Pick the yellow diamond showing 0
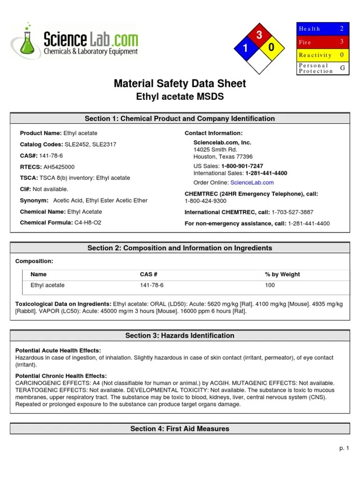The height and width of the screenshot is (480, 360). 271,48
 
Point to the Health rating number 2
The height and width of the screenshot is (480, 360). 342,29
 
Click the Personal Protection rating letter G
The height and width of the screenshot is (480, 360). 342,68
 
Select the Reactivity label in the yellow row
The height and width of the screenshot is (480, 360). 315,55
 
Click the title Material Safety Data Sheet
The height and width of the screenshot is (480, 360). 180,84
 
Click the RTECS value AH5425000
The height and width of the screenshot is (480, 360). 59,167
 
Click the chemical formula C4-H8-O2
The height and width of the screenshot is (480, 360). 88,223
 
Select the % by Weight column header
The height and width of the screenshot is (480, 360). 282,275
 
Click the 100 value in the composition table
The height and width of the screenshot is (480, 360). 270,285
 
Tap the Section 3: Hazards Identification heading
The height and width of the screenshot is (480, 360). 180,336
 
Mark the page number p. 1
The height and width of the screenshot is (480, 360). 345,449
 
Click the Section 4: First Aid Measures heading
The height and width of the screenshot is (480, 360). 180,429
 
